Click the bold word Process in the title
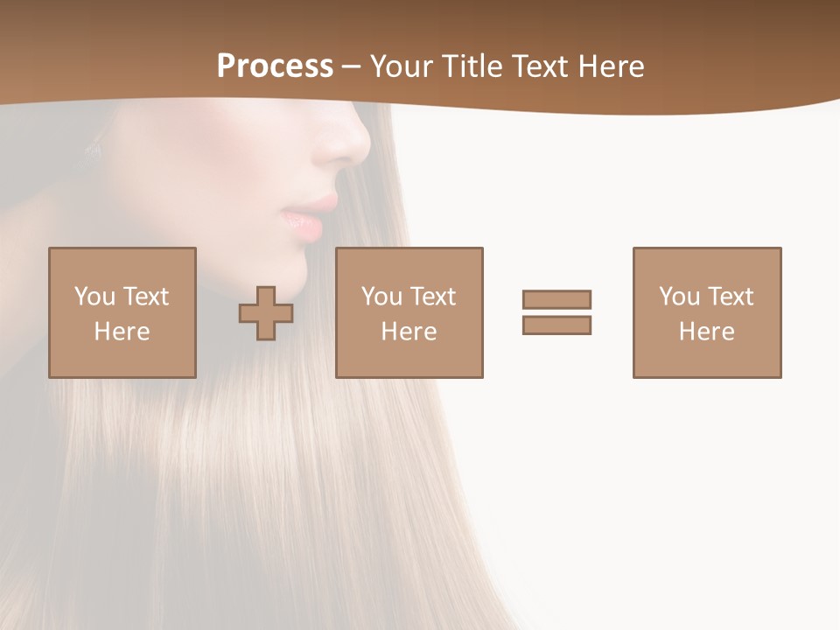point(275,66)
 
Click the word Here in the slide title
point(612,66)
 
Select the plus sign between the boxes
point(266,313)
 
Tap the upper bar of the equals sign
point(556,299)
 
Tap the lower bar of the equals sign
point(556,325)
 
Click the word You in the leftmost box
point(94,297)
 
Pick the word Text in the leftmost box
point(145,297)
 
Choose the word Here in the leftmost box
point(122,332)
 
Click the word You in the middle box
point(381,297)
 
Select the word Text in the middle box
point(432,297)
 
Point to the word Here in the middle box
point(409,332)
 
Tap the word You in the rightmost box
point(679,297)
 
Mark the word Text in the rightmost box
point(730,297)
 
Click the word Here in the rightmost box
point(706,332)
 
